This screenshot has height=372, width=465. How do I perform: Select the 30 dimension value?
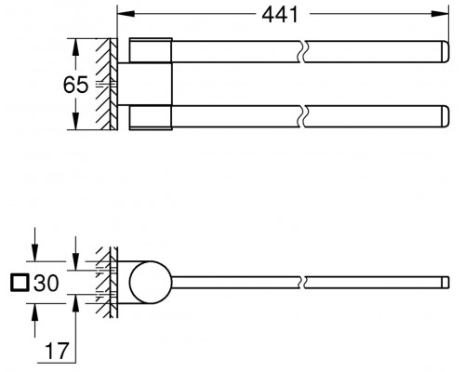(46, 283)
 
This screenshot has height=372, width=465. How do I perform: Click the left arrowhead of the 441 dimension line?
(120, 15)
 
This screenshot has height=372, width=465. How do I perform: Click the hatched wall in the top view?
(107, 84)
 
